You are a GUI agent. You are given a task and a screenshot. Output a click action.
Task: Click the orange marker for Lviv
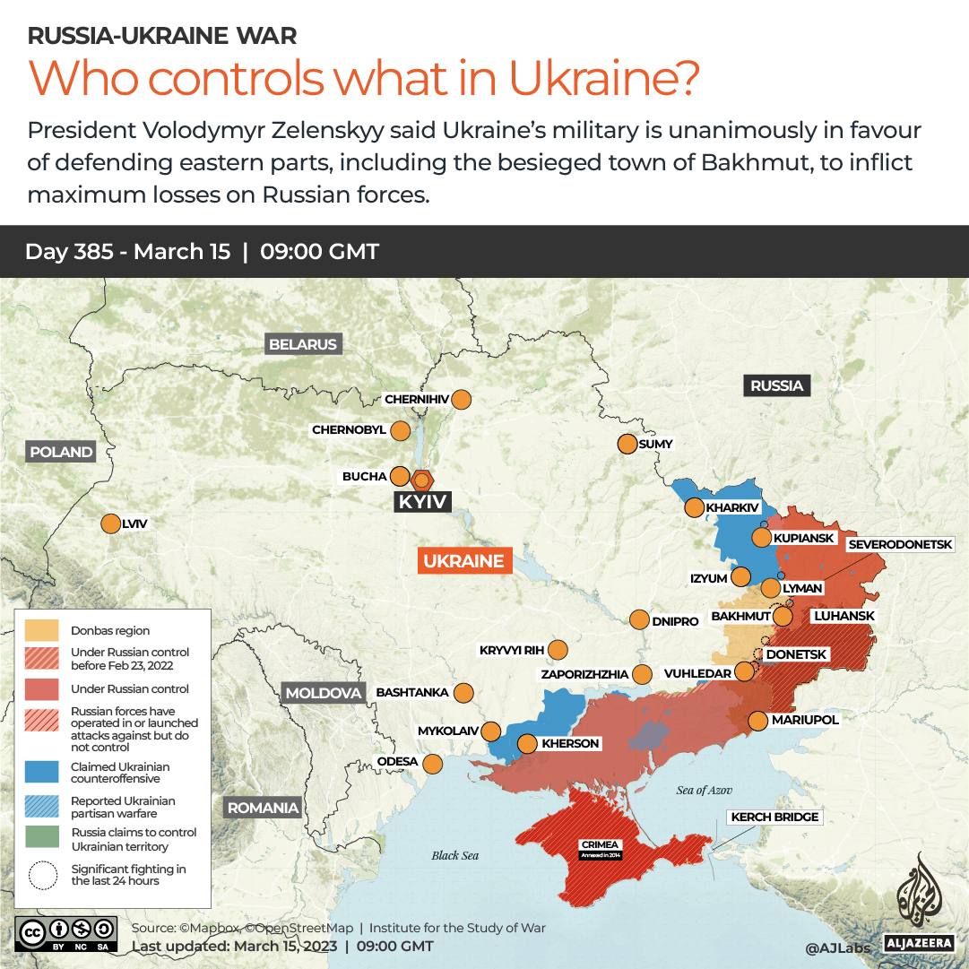pos(111,524)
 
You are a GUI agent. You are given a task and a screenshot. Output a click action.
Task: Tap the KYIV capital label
pos(422,502)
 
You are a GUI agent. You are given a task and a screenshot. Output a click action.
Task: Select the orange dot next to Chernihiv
pos(463,400)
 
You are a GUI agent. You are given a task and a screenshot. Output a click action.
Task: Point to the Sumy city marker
pos(627,444)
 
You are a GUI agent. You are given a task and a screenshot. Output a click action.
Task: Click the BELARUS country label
pos(303,344)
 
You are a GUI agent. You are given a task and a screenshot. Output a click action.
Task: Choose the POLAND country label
pos(61,452)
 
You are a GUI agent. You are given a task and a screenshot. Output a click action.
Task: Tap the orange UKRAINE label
pos(463,561)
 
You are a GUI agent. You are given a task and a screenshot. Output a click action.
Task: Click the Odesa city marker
pos(432,764)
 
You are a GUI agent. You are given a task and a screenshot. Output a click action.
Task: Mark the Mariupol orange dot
pos(757,720)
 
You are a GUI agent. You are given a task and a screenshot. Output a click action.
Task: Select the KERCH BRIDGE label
pos(775,817)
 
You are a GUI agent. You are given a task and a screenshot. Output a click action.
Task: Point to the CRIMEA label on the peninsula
pos(599,845)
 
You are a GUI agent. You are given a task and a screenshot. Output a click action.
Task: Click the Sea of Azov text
pos(704,790)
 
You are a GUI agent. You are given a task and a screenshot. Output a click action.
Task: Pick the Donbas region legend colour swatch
pos(42,630)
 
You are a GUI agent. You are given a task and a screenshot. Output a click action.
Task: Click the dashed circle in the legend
pos(42,875)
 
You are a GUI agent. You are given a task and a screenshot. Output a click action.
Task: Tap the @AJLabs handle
pos(836,947)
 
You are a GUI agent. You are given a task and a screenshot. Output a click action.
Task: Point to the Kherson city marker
pos(527,743)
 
